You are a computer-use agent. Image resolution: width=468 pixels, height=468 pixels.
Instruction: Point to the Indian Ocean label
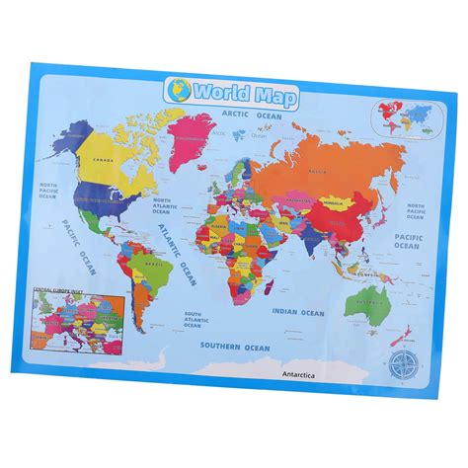(299, 313)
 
